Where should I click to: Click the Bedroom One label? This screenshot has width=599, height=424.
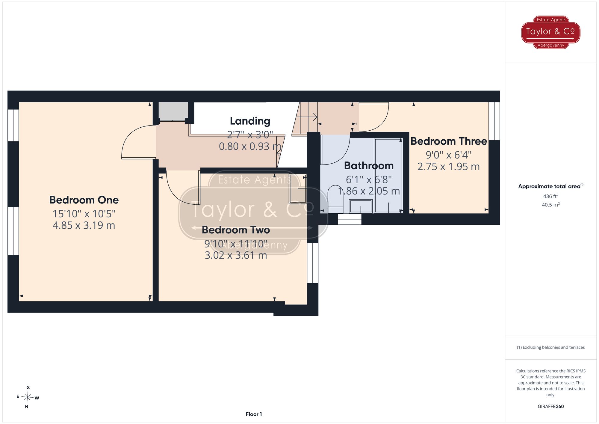point(84,200)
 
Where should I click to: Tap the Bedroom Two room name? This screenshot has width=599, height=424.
point(236,230)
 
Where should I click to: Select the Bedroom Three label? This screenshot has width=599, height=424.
point(449,141)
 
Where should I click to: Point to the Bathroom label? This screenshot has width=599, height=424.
point(369,166)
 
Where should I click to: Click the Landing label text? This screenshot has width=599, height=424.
point(250,121)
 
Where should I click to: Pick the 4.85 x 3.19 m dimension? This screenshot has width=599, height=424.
point(84,225)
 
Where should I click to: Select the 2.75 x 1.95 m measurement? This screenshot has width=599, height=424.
point(449,167)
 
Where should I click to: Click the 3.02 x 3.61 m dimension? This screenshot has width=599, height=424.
point(236,255)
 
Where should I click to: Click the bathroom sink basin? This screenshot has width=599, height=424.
point(361,206)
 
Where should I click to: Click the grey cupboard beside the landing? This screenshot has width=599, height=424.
point(173,111)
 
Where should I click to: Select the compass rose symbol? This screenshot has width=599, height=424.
point(28,397)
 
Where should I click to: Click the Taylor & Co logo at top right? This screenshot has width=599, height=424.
point(551,32)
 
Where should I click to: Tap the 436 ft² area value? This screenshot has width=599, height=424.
point(551,196)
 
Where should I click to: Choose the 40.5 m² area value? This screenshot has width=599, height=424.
point(551,205)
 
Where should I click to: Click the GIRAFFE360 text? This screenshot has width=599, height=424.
point(551,406)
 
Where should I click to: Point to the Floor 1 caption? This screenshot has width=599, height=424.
point(254,414)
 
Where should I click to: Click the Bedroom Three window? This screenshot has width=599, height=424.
point(494,121)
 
